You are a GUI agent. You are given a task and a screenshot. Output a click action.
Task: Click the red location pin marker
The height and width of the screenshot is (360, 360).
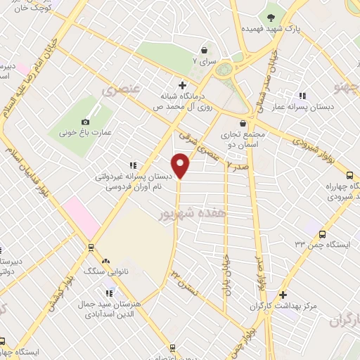click(x=181, y=166)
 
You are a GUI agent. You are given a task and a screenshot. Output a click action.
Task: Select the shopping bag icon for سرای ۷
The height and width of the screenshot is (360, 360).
click(x=204, y=50)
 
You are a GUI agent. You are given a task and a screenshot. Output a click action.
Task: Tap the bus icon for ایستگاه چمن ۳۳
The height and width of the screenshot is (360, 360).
click(x=322, y=234)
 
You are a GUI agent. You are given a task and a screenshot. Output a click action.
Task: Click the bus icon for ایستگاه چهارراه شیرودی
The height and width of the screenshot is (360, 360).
click(x=349, y=175)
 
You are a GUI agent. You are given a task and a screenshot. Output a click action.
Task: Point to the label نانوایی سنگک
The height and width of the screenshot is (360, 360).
click(x=99, y=269)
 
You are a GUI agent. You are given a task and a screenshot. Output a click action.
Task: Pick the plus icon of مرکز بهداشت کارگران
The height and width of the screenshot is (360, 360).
click(x=283, y=295)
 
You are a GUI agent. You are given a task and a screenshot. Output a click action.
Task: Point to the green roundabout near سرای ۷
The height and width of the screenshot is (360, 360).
click(x=225, y=70)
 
